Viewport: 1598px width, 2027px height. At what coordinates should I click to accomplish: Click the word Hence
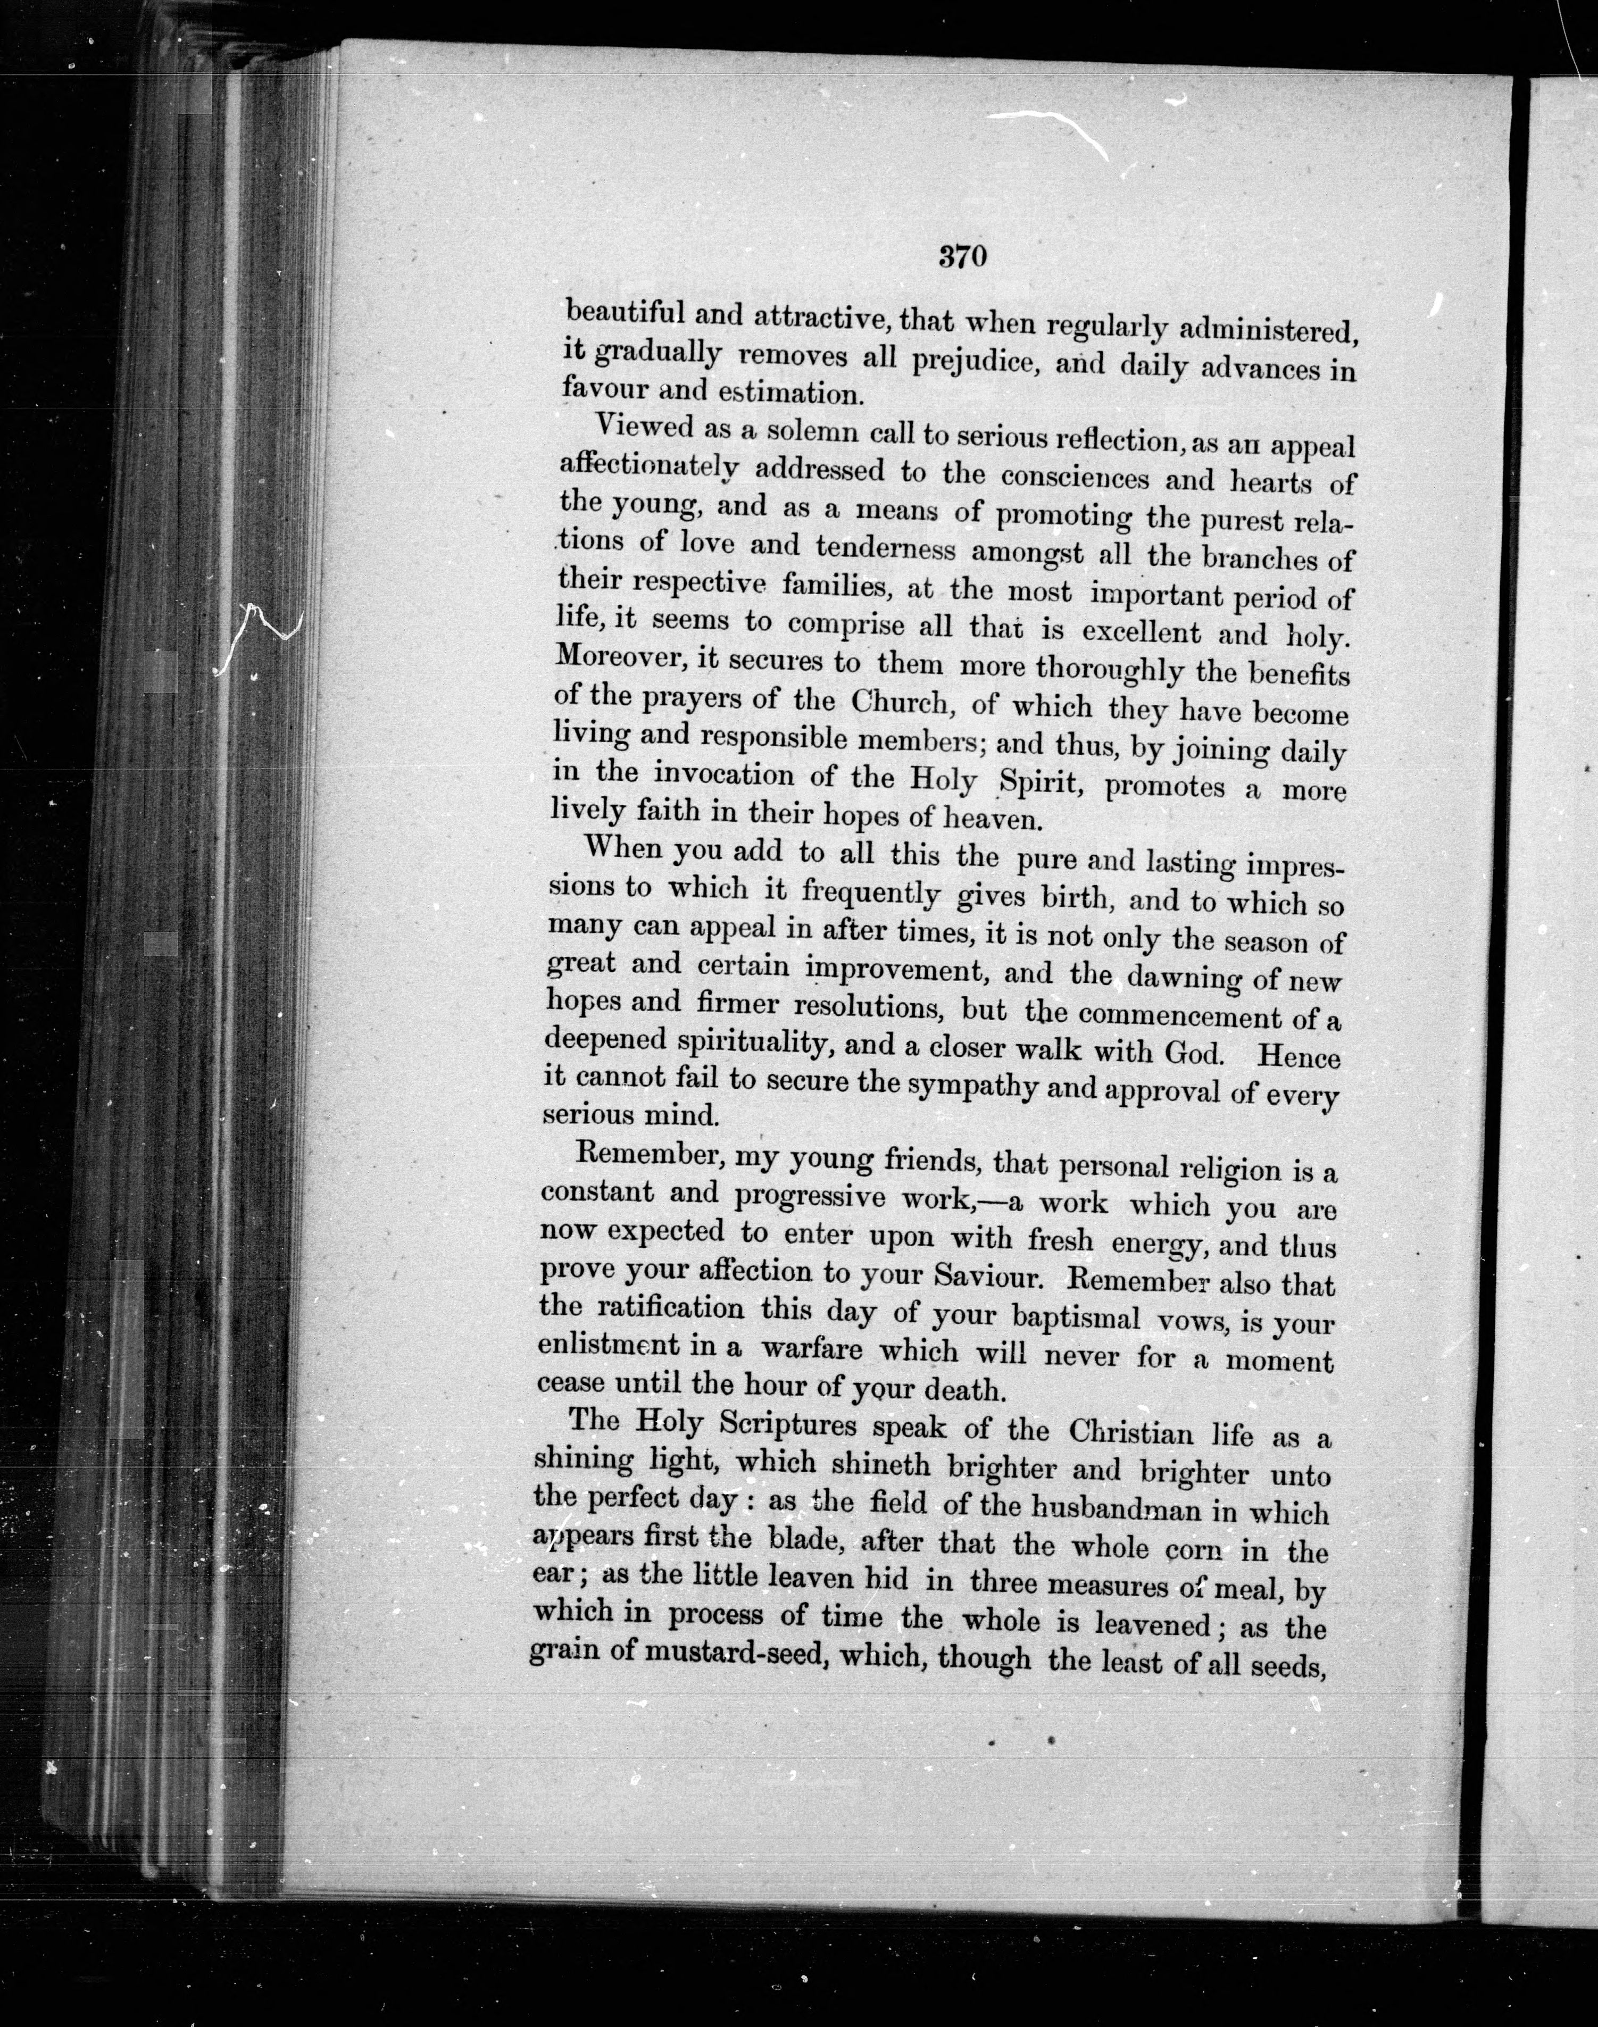coord(1299,1057)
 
